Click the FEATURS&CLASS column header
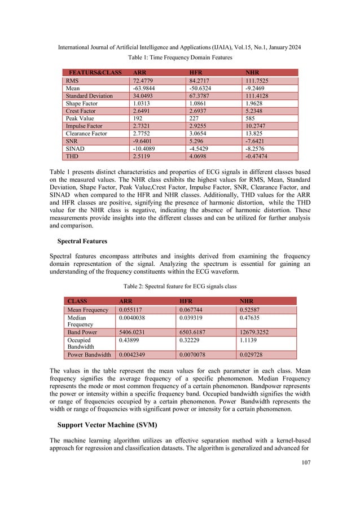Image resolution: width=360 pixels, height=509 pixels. pos(94,73)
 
